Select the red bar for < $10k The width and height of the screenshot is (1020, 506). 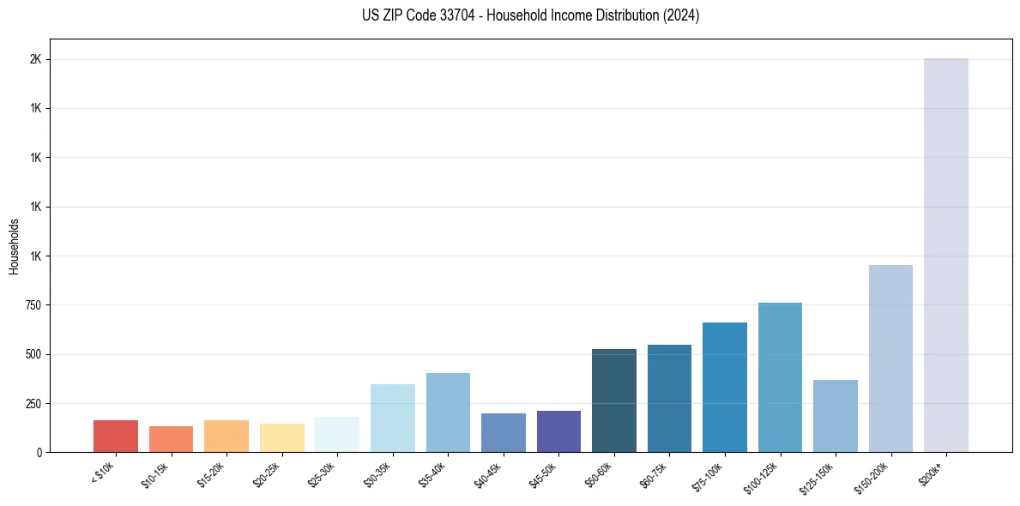(x=116, y=436)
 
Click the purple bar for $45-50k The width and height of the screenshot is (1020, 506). (x=558, y=431)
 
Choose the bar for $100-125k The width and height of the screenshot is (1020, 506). (x=780, y=377)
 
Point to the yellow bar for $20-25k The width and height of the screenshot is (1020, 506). (x=281, y=437)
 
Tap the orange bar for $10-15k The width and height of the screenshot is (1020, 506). (x=171, y=439)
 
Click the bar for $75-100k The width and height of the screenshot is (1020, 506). (x=725, y=387)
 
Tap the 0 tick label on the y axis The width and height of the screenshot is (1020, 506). (x=39, y=452)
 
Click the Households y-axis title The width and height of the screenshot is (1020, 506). (x=15, y=246)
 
